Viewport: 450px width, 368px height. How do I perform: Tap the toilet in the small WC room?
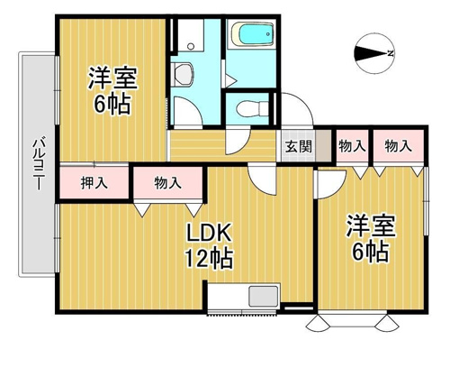pyautogui.click(x=252, y=108)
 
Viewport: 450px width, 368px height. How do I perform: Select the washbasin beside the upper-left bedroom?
pyautogui.click(x=183, y=74)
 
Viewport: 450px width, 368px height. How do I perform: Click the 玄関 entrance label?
pyautogui.click(x=298, y=146)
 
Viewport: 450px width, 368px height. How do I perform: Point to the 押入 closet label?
pyautogui.click(x=94, y=183)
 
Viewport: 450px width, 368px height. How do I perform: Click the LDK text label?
pyautogui.click(x=209, y=234)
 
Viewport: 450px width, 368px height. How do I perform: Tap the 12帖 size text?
pyautogui.click(x=209, y=258)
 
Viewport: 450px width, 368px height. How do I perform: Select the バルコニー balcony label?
pyautogui.click(x=38, y=163)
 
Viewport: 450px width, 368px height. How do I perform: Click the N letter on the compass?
pyautogui.click(x=391, y=53)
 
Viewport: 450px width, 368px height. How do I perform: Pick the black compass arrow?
pyautogui.click(x=371, y=53)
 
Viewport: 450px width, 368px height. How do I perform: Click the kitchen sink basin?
pyautogui.click(x=264, y=297)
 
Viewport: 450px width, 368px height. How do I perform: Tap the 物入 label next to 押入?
pyautogui.click(x=168, y=183)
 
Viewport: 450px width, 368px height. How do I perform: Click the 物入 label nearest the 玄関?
pyautogui.click(x=352, y=146)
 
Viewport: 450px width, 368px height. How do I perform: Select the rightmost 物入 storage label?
pyautogui.click(x=398, y=146)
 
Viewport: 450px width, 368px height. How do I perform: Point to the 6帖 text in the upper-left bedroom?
pyautogui.click(x=112, y=104)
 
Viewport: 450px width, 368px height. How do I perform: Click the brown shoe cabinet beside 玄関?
pyautogui.click(x=323, y=145)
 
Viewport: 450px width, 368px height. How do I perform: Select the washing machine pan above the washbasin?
pyautogui.click(x=191, y=35)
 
